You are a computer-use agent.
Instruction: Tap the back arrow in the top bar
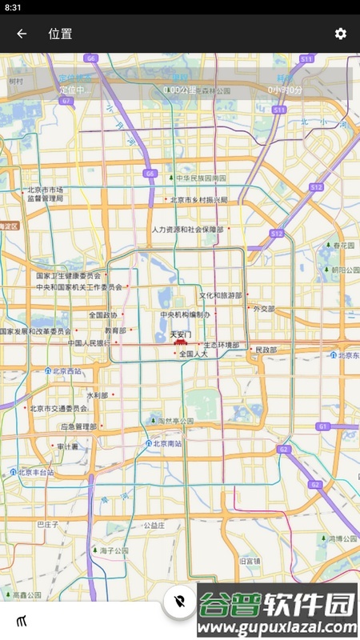tap(22, 34)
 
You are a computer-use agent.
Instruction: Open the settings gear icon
tap(341, 34)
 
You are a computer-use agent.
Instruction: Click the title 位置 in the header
tap(60, 34)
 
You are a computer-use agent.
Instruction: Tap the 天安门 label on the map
tap(182, 334)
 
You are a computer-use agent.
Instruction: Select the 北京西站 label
tap(66, 371)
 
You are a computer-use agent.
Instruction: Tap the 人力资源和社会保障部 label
tap(188, 230)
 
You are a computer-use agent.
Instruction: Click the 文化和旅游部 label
tap(220, 295)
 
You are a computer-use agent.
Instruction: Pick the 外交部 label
tap(263, 308)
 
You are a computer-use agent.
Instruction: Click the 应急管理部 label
tap(78, 427)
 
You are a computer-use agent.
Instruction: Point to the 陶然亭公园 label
tap(176, 421)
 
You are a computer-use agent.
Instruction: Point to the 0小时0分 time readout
tap(285, 90)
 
